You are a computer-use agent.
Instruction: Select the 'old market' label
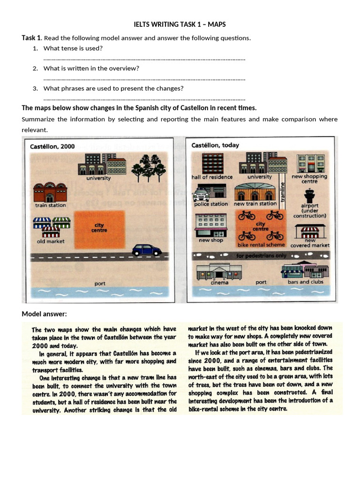pyautogui.click(x=51, y=241)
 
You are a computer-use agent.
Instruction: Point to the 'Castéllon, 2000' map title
pyautogui.click(x=52, y=146)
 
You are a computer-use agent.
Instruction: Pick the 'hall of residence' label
pyautogui.click(x=212, y=177)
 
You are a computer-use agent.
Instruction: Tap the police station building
pyautogui.click(x=210, y=192)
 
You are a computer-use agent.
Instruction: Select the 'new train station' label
pyautogui.click(x=255, y=204)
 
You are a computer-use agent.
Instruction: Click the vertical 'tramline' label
pyautogui.click(x=282, y=193)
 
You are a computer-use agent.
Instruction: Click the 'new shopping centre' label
pyautogui.click(x=309, y=179)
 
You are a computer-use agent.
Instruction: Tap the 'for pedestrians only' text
pyautogui.click(x=261, y=256)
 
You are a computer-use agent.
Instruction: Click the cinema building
pyautogui.click(x=219, y=271)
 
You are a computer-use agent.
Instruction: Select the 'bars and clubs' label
pyautogui.click(x=305, y=282)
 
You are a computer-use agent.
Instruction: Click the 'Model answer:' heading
pyautogui.click(x=42, y=314)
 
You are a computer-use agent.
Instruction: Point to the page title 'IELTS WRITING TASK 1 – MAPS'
pyautogui.click(x=180, y=24)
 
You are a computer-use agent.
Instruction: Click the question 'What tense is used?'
pyautogui.click(x=73, y=48)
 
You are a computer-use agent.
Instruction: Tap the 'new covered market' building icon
pyautogui.click(x=310, y=231)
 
